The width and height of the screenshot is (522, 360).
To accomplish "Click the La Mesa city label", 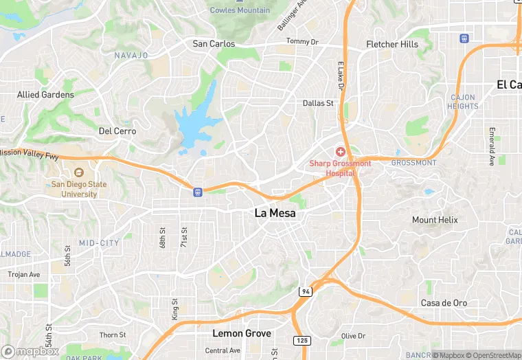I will tap(275, 213).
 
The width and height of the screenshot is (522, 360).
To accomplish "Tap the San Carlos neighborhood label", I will tap(214, 44).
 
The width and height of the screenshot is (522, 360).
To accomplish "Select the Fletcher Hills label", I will tap(392, 45).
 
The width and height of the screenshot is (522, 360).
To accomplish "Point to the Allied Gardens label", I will tap(45, 94).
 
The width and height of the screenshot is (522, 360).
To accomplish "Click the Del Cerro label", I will tap(117, 131).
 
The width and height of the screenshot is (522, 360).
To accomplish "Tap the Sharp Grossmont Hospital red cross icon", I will tap(340, 151).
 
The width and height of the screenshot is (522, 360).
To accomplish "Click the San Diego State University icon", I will tap(78, 172).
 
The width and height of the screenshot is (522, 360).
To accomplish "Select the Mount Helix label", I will tap(435, 220).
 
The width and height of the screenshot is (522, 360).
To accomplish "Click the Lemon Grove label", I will tap(241, 333).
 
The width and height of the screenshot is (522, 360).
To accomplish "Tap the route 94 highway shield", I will tap(304, 292).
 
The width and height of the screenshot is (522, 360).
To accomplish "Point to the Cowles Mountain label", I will tap(240, 10).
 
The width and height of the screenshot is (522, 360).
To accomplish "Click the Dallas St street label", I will tap(318, 103).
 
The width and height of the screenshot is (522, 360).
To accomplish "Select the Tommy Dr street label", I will tap(302, 42).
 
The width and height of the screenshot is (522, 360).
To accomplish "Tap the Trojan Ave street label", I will tap(24, 274).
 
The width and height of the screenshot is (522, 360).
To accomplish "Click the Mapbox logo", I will tap(30, 351).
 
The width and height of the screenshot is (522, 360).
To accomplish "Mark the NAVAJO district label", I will tap(131, 55).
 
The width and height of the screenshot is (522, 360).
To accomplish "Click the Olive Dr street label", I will tap(353, 336).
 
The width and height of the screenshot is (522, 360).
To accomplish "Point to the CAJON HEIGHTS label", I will tap(463, 102).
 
